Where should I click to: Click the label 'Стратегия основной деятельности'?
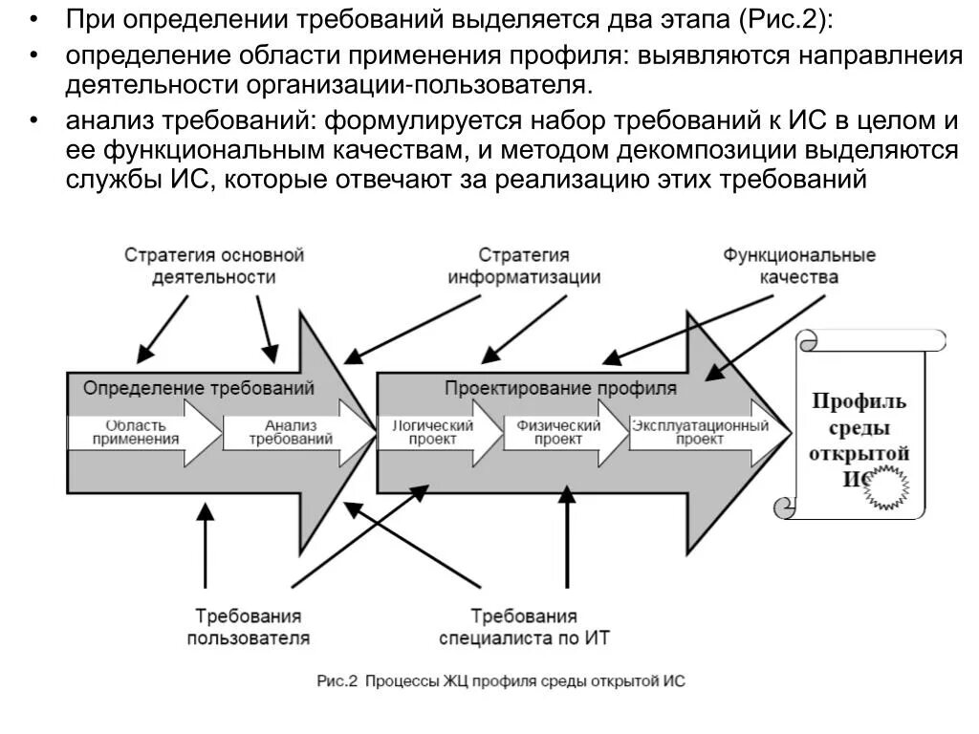[213, 267]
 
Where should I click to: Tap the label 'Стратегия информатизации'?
[524, 267]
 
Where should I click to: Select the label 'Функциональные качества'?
[798, 267]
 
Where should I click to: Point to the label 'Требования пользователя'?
[248, 627]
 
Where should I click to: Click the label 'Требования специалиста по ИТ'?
[524, 627]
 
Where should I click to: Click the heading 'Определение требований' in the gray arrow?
[198, 389]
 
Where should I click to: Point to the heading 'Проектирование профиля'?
[560, 389]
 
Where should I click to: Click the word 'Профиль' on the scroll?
[859, 400]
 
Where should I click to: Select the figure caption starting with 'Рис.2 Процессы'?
[501, 681]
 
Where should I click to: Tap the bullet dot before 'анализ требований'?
[33, 120]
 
